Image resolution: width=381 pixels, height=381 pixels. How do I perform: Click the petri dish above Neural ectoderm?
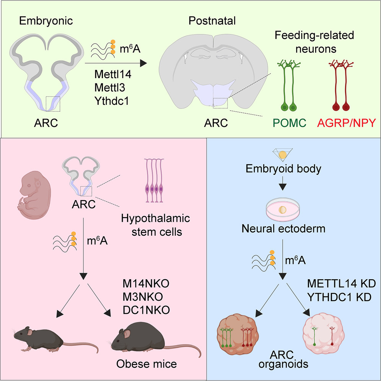(x=282, y=210)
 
